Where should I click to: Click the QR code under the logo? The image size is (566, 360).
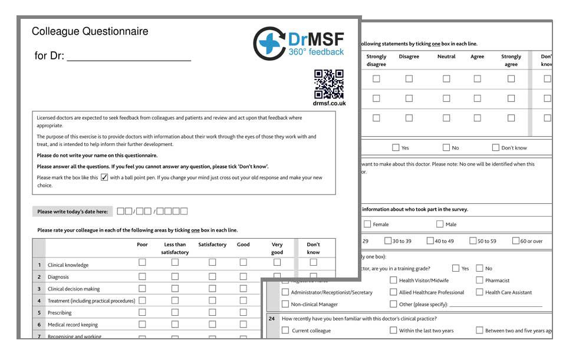[x=328, y=84]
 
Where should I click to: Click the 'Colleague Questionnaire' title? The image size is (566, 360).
[x=90, y=31]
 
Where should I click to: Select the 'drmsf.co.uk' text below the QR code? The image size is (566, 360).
[x=329, y=104]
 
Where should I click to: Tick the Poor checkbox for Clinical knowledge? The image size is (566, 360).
[x=142, y=262]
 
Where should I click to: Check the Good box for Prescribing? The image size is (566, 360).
[x=243, y=312]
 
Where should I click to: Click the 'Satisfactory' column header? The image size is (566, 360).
[x=212, y=245]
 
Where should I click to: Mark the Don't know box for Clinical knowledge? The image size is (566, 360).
[x=313, y=262]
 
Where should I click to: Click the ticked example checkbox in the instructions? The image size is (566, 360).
[x=104, y=177]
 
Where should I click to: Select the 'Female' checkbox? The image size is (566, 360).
[x=367, y=224]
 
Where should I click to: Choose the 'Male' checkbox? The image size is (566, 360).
[x=440, y=224]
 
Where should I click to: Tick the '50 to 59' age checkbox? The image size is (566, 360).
[x=473, y=240]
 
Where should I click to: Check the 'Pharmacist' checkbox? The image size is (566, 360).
[x=479, y=280]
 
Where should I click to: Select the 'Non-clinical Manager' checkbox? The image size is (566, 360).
[x=285, y=304]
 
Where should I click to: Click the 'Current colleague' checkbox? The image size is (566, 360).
[x=285, y=331]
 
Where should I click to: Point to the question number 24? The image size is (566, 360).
[x=272, y=319]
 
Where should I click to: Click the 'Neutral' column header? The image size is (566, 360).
[x=446, y=57]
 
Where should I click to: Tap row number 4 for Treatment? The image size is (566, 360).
[x=39, y=300]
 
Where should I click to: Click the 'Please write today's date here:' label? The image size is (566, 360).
[x=73, y=212]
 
